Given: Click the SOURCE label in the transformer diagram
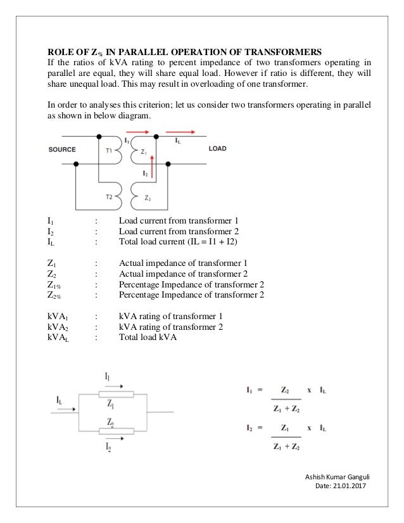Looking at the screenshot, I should point(63,149).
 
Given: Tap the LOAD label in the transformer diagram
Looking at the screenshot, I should point(218,149).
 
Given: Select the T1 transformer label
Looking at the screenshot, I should point(110,151).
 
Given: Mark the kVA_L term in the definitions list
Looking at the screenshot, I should point(59,338).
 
